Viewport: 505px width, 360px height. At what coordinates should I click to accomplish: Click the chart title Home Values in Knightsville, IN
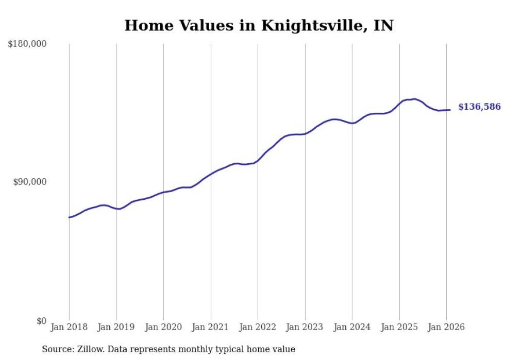(259, 25)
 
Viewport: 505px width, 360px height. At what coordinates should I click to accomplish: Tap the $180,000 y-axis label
(27, 44)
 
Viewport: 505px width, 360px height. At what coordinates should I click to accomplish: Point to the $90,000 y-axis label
(30, 182)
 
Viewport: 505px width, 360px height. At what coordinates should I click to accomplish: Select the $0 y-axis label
(41, 321)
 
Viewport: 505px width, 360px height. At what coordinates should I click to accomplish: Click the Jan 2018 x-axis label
(69, 327)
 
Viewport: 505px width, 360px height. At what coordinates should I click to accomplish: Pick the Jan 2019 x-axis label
(116, 327)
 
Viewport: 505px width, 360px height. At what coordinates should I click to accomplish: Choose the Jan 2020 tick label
(163, 327)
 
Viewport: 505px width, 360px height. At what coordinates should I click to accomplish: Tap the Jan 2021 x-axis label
(210, 327)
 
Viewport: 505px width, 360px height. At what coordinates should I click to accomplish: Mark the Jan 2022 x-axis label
(258, 327)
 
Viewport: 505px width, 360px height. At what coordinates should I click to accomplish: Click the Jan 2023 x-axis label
(305, 327)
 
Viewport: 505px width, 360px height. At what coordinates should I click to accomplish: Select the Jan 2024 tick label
(352, 327)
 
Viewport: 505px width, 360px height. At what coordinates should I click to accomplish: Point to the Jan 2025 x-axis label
(399, 327)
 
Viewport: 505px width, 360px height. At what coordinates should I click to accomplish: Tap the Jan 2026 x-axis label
(446, 327)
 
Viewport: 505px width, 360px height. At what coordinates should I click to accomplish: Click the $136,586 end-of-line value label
(479, 107)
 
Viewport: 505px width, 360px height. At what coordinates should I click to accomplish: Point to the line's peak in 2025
(414, 99)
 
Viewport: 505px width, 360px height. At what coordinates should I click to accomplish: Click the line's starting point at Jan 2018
(69, 217)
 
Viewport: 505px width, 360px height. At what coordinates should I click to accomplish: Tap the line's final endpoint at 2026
(450, 110)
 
